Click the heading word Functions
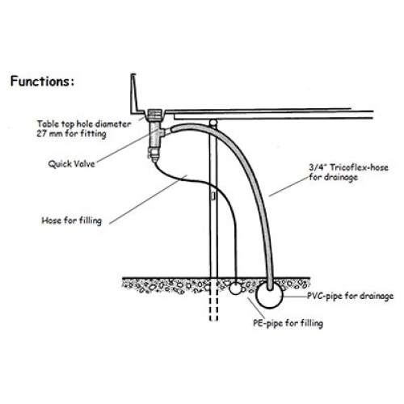(40, 82)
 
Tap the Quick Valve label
(72, 164)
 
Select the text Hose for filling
(72, 221)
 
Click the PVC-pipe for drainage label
(350, 296)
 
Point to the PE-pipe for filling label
(288, 323)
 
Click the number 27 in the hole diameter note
(41, 133)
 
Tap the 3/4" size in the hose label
(318, 167)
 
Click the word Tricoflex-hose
(360, 167)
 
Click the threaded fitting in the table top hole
(155, 115)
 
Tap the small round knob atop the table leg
(213, 123)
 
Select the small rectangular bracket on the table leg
(213, 196)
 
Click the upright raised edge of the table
(134, 92)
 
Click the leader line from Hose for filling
(148, 200)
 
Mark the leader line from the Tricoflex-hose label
(288, 187)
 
